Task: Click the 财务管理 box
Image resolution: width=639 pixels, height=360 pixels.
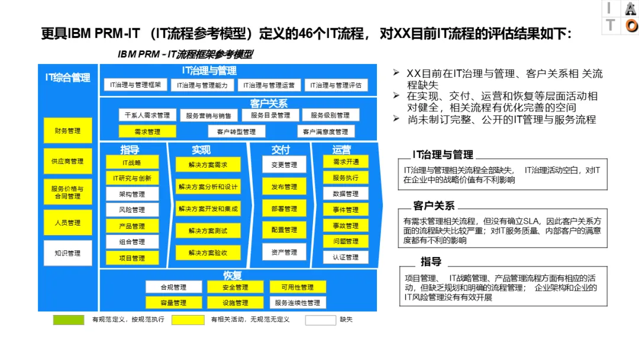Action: tap(68, 131)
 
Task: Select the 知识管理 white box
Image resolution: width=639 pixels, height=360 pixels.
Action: tap(68, 253)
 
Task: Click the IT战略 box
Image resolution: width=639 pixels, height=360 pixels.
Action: tap(132, 162)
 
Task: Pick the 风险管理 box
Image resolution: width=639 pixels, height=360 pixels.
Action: tap(132, 210)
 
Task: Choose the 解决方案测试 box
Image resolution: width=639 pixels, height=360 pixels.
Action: tap(208, 230)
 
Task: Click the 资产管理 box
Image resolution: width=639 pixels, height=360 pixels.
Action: tap(284, 252)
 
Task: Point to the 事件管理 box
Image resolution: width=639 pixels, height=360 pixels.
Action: tap(346, 210)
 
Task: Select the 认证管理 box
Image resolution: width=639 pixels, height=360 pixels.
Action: tap(346, 257)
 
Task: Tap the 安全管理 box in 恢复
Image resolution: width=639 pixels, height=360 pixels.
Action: tap(235, 287)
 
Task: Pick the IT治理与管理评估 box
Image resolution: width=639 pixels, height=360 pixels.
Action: tap(336, 85)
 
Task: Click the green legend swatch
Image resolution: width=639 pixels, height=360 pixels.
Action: tap(69, 320)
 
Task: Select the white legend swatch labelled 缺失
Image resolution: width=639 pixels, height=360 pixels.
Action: tap(320, 320)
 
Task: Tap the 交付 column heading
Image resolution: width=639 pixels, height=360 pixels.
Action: tap(280, 150)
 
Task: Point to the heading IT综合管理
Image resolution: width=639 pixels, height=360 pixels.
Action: tap(68, 78)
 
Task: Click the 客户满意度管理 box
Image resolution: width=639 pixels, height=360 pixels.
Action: tap(325, 131)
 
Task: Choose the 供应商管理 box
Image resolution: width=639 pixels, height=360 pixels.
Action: tap(68, 161)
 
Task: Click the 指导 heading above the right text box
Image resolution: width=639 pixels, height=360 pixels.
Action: tap(431, 262)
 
